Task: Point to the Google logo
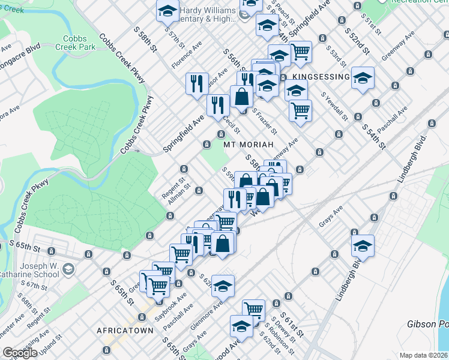click(x=20, y=353)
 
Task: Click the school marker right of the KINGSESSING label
click(x=363, y=78)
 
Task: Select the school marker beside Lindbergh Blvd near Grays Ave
click(x=363, y=245)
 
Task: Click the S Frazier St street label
click(x=264, y=121)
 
